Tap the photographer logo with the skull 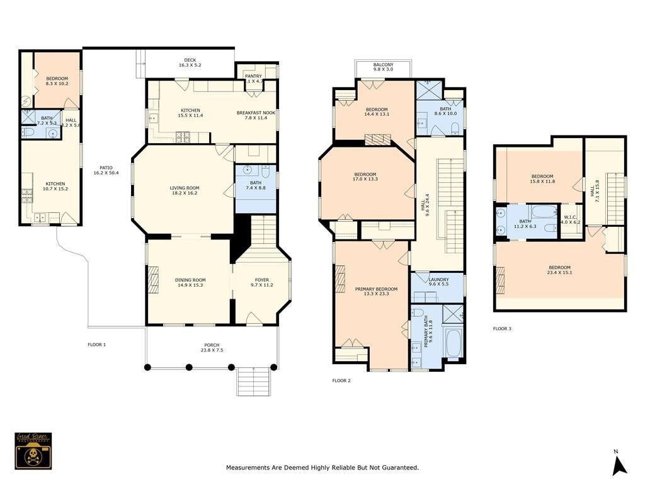33,451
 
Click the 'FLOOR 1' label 96,345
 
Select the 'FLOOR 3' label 502,328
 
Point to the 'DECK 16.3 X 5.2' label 189,62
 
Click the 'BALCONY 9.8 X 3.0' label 383,67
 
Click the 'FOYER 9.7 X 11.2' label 261,283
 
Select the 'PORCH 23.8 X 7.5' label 212,347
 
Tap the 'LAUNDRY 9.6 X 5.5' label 438,282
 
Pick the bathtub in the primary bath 453,342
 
